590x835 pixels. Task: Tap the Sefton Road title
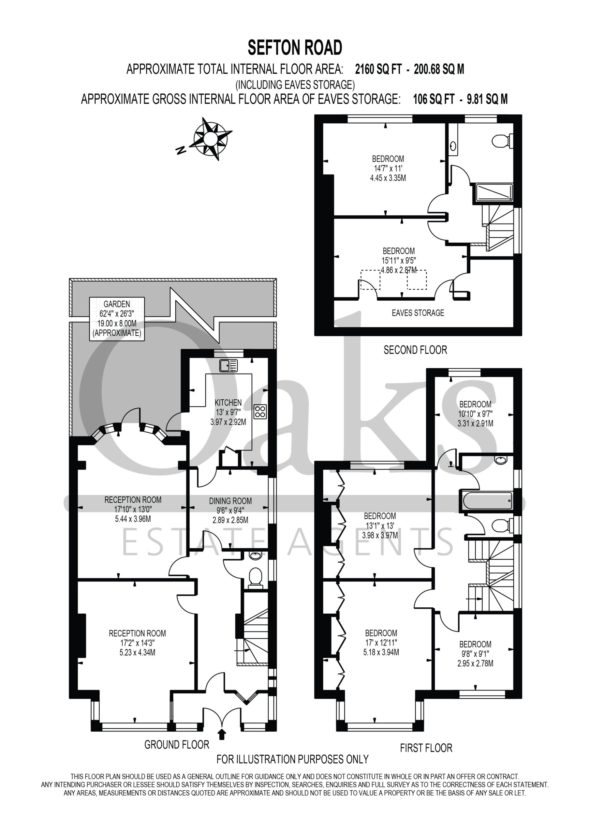tap(295, 48)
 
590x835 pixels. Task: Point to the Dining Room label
tap(230, 501)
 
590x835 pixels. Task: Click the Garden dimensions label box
tap(117, 319)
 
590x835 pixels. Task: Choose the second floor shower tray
tap(494, 192)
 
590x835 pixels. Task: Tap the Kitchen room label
tap(228, 402)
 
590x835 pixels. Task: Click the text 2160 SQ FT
tap(378, 69)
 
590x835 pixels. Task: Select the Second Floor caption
tap(415, 350)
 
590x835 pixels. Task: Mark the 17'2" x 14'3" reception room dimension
tap(138, 643)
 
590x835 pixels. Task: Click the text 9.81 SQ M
tap(487, 99)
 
